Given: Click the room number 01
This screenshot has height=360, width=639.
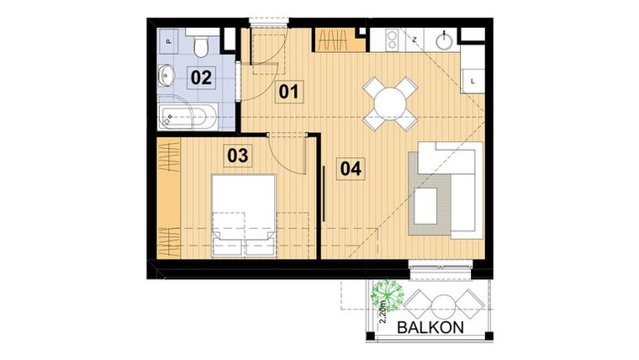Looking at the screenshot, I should (x=289, y=91).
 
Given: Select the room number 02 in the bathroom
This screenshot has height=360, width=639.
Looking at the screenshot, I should (x=200, y=78).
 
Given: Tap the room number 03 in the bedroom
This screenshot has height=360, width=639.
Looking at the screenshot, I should (x=238, y=156).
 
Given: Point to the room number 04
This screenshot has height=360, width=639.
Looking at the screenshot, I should (x=351, y=168).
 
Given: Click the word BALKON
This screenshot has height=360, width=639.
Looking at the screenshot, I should (x=430, y=327).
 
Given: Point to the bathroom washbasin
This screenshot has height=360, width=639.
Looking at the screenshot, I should (x=167, y=76).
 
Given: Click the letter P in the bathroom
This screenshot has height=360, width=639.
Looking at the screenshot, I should (x=168, y=40).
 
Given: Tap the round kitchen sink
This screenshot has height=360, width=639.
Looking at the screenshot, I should (x=444, y=40).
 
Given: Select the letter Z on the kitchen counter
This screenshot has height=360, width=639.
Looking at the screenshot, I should (x=415, y=40).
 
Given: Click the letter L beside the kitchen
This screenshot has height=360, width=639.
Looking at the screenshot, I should (x=473, y=81).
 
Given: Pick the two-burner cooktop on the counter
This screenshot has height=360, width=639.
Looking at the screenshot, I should (x=391, y=39).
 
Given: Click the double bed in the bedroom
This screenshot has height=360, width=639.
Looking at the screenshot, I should (x=244, y=214).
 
